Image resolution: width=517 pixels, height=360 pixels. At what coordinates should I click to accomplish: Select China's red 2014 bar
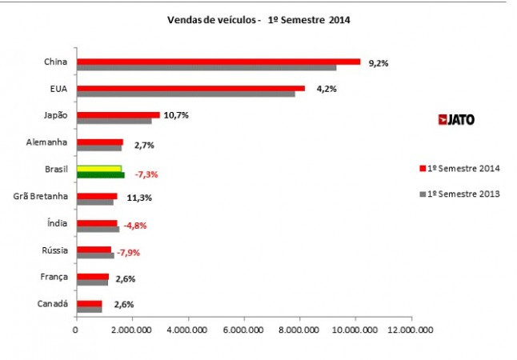click(218, 61)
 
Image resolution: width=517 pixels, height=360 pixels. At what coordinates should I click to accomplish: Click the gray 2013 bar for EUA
click(186, 94)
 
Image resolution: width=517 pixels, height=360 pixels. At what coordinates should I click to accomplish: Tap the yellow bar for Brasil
click(98, 169)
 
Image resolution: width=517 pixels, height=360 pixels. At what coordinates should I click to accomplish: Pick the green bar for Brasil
click(100, 174)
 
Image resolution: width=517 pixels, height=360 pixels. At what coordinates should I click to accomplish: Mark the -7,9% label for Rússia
click(129, 253)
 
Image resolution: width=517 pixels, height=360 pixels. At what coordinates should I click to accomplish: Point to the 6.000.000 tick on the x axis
click(244, 328)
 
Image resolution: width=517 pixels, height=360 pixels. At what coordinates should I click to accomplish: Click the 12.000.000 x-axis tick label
click(410, 328)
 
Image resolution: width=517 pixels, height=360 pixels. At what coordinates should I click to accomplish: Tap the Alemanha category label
click(50, 142)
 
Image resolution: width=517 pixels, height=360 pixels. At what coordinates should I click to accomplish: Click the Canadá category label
click(53, 304)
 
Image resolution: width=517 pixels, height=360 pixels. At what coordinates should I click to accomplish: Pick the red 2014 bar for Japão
click(118, 115)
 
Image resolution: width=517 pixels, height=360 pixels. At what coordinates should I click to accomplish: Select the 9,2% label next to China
click(378, 63)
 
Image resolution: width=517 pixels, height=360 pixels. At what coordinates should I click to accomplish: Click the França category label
click(54, 278)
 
